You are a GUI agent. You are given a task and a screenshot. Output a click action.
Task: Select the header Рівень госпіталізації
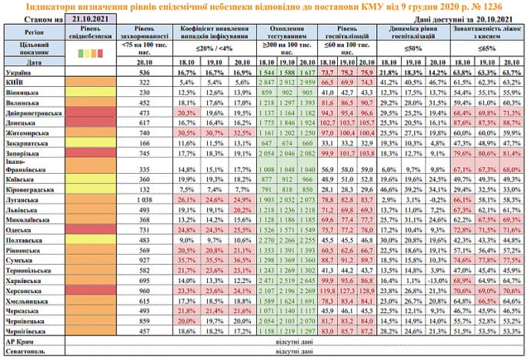(x=346, y=34)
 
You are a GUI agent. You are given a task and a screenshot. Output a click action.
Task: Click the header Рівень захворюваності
(x=143, y=34)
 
